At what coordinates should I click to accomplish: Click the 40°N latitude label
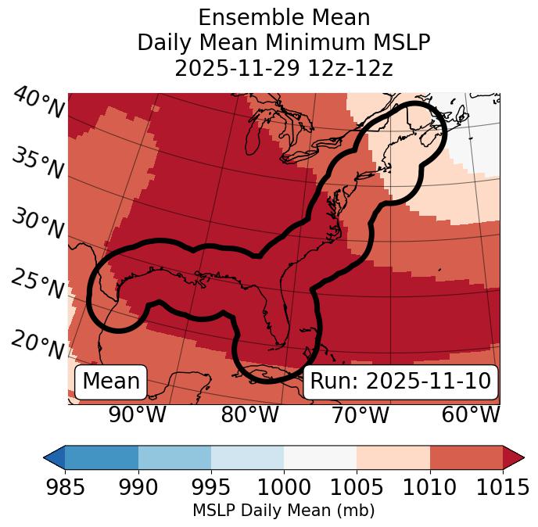click(x=38, y=103)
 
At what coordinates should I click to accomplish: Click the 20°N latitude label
click(x=38, y=344)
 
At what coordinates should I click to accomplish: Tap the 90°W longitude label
click(x=137, y=414)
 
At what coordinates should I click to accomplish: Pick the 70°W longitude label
click(x=360, y=414)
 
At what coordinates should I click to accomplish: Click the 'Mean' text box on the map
click(x=111, y=382)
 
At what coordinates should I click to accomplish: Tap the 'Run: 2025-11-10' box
click(x=400, y=382)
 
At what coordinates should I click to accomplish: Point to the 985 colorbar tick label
click(x=65, y=487)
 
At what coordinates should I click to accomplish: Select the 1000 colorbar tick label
click(x=284, y=487)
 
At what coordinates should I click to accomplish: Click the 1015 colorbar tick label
click(x=503, y=487)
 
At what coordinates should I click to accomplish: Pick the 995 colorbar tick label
click(x=211, y=487)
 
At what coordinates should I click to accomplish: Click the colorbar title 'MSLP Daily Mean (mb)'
click(x=284, y=511)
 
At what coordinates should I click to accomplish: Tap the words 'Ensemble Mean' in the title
click(x=284, y=17)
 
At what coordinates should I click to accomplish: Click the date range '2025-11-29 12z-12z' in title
click(x=284, y=68)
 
